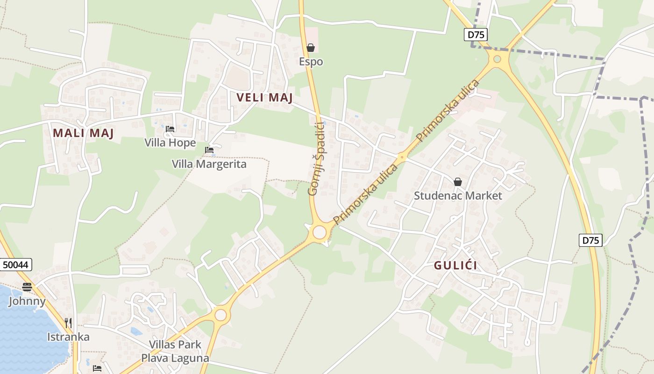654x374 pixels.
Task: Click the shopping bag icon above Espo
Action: (x=311, y=48)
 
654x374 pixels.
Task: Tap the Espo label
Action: (x=311, y=62)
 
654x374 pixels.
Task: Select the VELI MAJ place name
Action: (x=264, y=98)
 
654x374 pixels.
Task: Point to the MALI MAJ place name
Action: (x=83, y=133)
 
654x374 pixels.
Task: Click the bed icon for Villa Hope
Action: (x=170, y=129)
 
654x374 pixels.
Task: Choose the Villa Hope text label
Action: (x=170, y=143)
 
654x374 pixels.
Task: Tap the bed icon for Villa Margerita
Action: (x=209, y=150)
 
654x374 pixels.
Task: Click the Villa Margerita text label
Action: (x=209, y=164)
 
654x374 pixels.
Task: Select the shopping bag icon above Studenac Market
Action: (x=458, y=182)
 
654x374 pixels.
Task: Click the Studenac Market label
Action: (x=458, y=195)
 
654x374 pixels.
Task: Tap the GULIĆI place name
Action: (x=455, y=266)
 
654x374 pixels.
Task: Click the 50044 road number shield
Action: (x=16, y=265)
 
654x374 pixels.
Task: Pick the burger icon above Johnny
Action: (x=27, y=287)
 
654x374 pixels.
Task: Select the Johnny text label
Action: (x=27, y=301)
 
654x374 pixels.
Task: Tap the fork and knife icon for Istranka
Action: (x=68, y=323)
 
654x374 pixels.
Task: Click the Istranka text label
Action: (x=68, y=337)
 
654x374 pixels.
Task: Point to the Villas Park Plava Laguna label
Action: (x=175, y=352)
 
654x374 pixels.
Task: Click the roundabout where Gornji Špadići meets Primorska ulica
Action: (x=320, y=232)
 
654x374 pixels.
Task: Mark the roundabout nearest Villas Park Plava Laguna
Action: (x=220, y=315)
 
